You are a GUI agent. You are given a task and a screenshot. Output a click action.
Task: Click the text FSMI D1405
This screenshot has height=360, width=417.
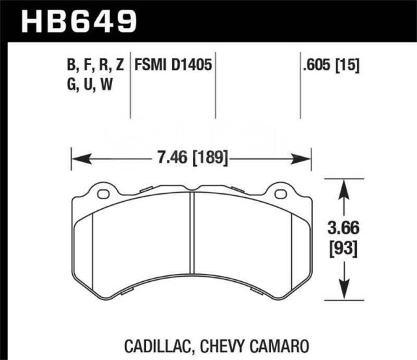pyautogui.click(x=173, y=65)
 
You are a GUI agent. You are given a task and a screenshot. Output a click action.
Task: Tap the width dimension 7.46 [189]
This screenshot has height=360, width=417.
pyautogui.click(x=189, y=158)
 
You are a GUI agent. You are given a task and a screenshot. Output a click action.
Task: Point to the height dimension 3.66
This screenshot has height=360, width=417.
pyautogui.click(x=343, y=228)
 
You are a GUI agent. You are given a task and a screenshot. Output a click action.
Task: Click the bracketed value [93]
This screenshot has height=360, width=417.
pyautogui.click(x=343, y=248)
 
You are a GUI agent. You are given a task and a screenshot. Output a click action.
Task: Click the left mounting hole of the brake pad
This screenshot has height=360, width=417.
pyautogui.click(x=102, y=194)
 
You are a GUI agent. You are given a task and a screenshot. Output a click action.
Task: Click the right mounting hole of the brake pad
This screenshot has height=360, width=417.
pyautogui.click(x=281, y=194)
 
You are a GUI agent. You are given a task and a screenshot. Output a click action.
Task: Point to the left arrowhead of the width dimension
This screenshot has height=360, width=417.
pyautogui.click(x=76, y=158)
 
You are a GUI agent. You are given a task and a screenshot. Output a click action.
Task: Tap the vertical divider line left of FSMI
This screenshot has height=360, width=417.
pyautogui.click(x=133, y=85)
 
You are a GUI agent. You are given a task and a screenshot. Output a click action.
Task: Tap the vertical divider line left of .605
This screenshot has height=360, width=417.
pyautogui.click(x=300, y=85)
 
